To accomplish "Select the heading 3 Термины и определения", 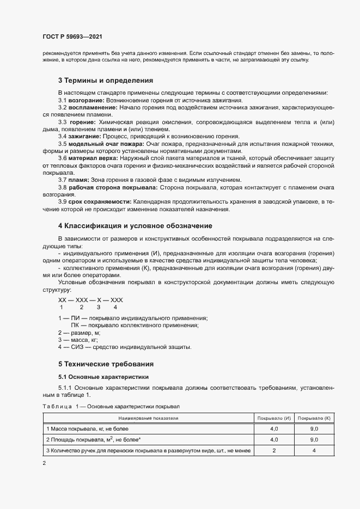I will pos(101,80).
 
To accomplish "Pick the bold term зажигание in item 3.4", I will pos(83,136).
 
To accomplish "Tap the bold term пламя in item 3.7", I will pos(78,180).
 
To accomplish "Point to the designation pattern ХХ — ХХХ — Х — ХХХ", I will pos(90,300).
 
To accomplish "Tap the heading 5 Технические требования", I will pos(106,364).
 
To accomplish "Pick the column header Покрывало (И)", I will pos(274,418).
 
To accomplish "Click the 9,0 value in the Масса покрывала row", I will pos(314,429).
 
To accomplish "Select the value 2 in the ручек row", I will pos(274,450).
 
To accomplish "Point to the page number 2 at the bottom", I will pos(45,463).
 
